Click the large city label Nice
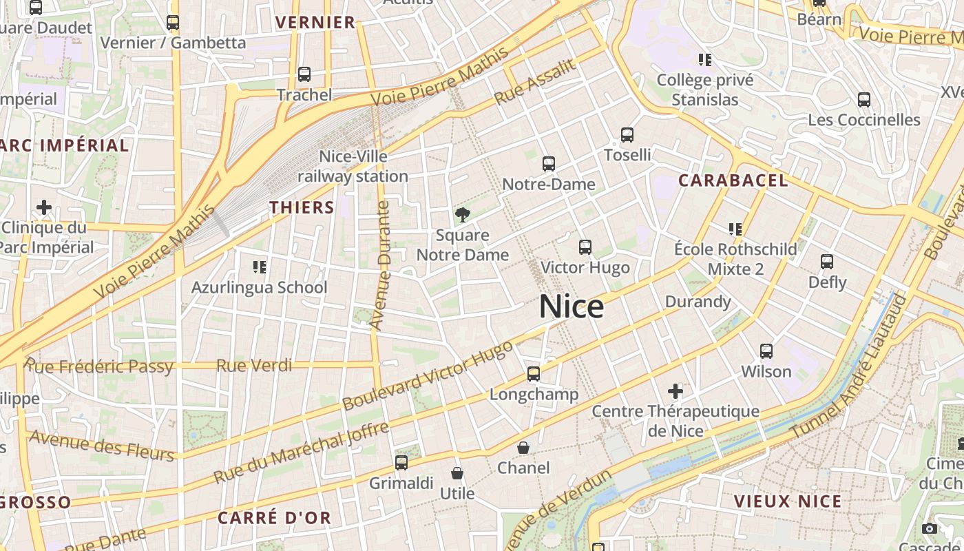572,306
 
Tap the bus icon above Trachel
304,74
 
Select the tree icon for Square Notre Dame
463,215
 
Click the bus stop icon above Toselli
627,134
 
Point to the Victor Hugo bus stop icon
585,247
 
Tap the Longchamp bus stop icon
534,374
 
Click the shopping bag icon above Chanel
523,448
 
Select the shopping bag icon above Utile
457,473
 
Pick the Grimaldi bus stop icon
401,463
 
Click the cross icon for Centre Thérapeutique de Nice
675,391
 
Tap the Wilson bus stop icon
766,351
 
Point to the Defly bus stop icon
827,262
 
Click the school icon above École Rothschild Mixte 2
735,229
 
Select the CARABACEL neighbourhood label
733,180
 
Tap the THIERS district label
302,207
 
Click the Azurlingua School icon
260,267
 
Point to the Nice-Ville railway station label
353,167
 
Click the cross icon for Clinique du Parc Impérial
44,207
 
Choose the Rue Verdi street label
254,366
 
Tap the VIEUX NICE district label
788,501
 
